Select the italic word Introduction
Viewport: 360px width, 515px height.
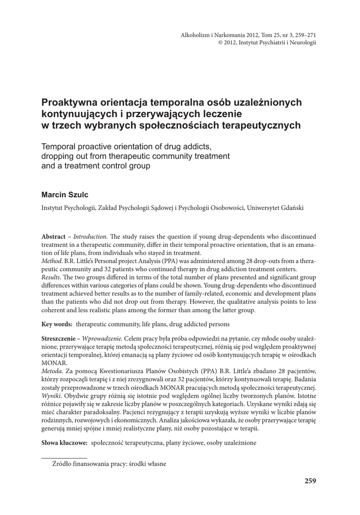click(x=90, y=236)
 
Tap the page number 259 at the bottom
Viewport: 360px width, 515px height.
click(x=310, y=481)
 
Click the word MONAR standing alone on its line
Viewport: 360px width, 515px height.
click(x=53, y=363)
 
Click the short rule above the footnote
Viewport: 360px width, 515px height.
click(x=64, y=457)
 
